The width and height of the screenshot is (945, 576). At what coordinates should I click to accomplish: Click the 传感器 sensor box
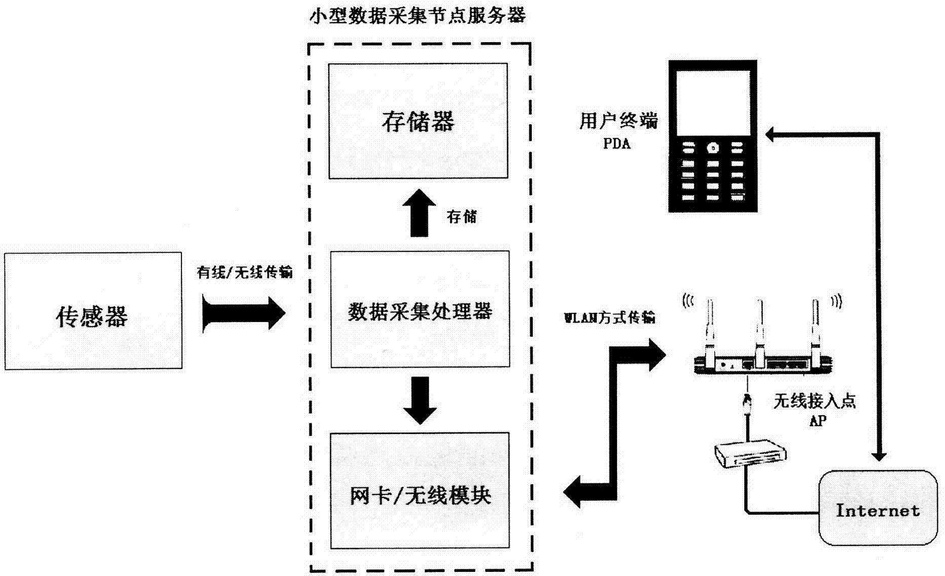coord(93,311)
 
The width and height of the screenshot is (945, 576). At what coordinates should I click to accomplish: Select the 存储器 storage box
coord(418,121)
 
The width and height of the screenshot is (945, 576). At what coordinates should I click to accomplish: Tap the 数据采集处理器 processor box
coord(420,309)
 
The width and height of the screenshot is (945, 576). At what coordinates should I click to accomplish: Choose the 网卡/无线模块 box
coord(420,490)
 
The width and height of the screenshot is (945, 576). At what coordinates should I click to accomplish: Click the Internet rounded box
coord(878,508)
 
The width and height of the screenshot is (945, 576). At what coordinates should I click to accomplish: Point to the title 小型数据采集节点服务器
coord(418,16)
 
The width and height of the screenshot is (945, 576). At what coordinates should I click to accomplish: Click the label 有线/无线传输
coord(244,272)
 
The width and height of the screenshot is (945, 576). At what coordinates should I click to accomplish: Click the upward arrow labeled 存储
coord(419,213)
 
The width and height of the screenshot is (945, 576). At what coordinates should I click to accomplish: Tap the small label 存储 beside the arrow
coord(461,217)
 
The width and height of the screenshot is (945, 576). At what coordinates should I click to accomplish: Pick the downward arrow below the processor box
coord(420,400)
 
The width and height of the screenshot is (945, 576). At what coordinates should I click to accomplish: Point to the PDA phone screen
coord(713,103)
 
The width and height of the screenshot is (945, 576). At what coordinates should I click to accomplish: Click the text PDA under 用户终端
coord(617,144)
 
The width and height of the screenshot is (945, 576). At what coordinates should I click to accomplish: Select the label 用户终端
coord(619,121)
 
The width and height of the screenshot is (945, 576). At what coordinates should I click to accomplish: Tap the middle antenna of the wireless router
coord(759,330)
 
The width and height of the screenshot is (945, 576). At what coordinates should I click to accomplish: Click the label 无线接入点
coord(814,401)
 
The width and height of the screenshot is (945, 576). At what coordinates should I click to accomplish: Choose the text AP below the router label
coord(817,420)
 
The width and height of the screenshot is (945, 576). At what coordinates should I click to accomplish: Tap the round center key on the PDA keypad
coord(713,148)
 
